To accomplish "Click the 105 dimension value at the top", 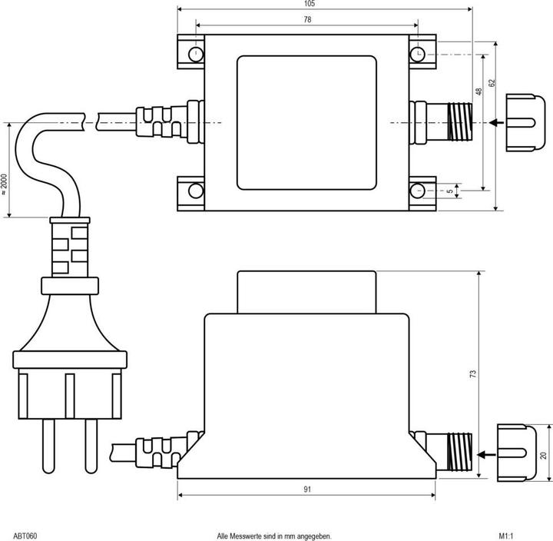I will (x=309, y=4).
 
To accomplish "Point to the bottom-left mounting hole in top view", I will (x=197, y=191).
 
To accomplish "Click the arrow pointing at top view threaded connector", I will (x=497, y=122).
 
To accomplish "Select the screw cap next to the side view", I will (x=516, y=453).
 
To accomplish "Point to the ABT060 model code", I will (x=25, y=535).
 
